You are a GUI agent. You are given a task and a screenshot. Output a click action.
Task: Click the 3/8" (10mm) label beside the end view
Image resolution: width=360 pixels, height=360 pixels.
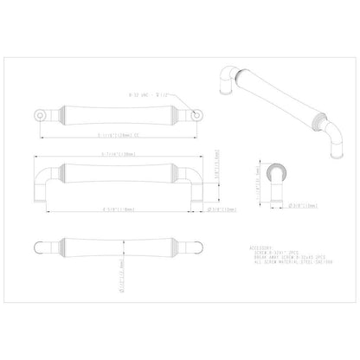pyautogui.click(x=293, y=206)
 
